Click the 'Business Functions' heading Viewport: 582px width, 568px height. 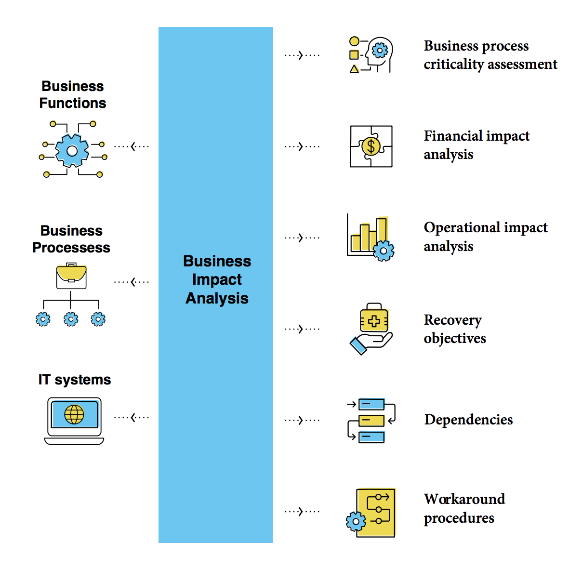click(73, 94)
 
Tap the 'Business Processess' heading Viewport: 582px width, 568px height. click(71, 239)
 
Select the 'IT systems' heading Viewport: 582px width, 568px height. click(75, 380)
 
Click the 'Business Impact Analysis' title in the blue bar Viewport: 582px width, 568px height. click(217, 279)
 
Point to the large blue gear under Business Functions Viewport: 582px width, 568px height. click(72, 151)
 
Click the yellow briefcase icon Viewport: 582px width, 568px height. click(71, 276)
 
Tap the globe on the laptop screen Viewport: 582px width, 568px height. click(74, 414)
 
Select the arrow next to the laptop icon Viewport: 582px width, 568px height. click(132, 417)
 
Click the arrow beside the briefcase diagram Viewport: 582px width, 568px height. click(132, 282)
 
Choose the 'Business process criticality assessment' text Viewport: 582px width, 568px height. click(490, 55)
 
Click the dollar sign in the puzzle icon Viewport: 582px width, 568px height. click(371, 146)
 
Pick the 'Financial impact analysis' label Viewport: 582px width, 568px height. click(476, 145)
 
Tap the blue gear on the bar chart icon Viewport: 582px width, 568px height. click(384, 251)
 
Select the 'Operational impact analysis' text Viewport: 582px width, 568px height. click(485, 237)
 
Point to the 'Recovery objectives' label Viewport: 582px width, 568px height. click(454, 329)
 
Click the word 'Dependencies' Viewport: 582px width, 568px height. click(468, 420)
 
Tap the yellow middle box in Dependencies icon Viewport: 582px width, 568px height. click(371, 421)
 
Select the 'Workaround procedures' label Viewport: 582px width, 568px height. click(464, 508)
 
